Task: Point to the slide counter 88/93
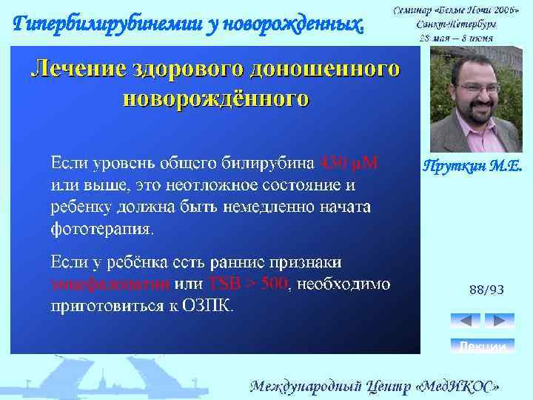pos(486,291)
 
